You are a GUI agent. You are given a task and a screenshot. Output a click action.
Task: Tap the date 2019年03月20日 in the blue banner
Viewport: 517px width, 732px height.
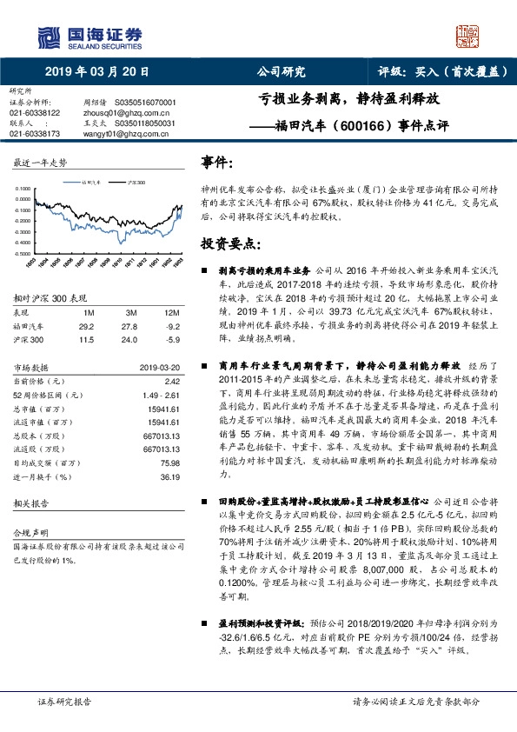[96, 72]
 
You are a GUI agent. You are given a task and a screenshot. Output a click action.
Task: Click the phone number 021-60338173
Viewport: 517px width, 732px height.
[35, 133]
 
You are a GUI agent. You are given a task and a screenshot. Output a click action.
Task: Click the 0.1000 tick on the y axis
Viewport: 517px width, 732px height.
[24, 188]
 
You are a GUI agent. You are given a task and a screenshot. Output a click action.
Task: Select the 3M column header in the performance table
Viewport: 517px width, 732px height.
[130, 311]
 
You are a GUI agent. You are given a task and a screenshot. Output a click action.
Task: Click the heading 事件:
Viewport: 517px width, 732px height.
[217, 163]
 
